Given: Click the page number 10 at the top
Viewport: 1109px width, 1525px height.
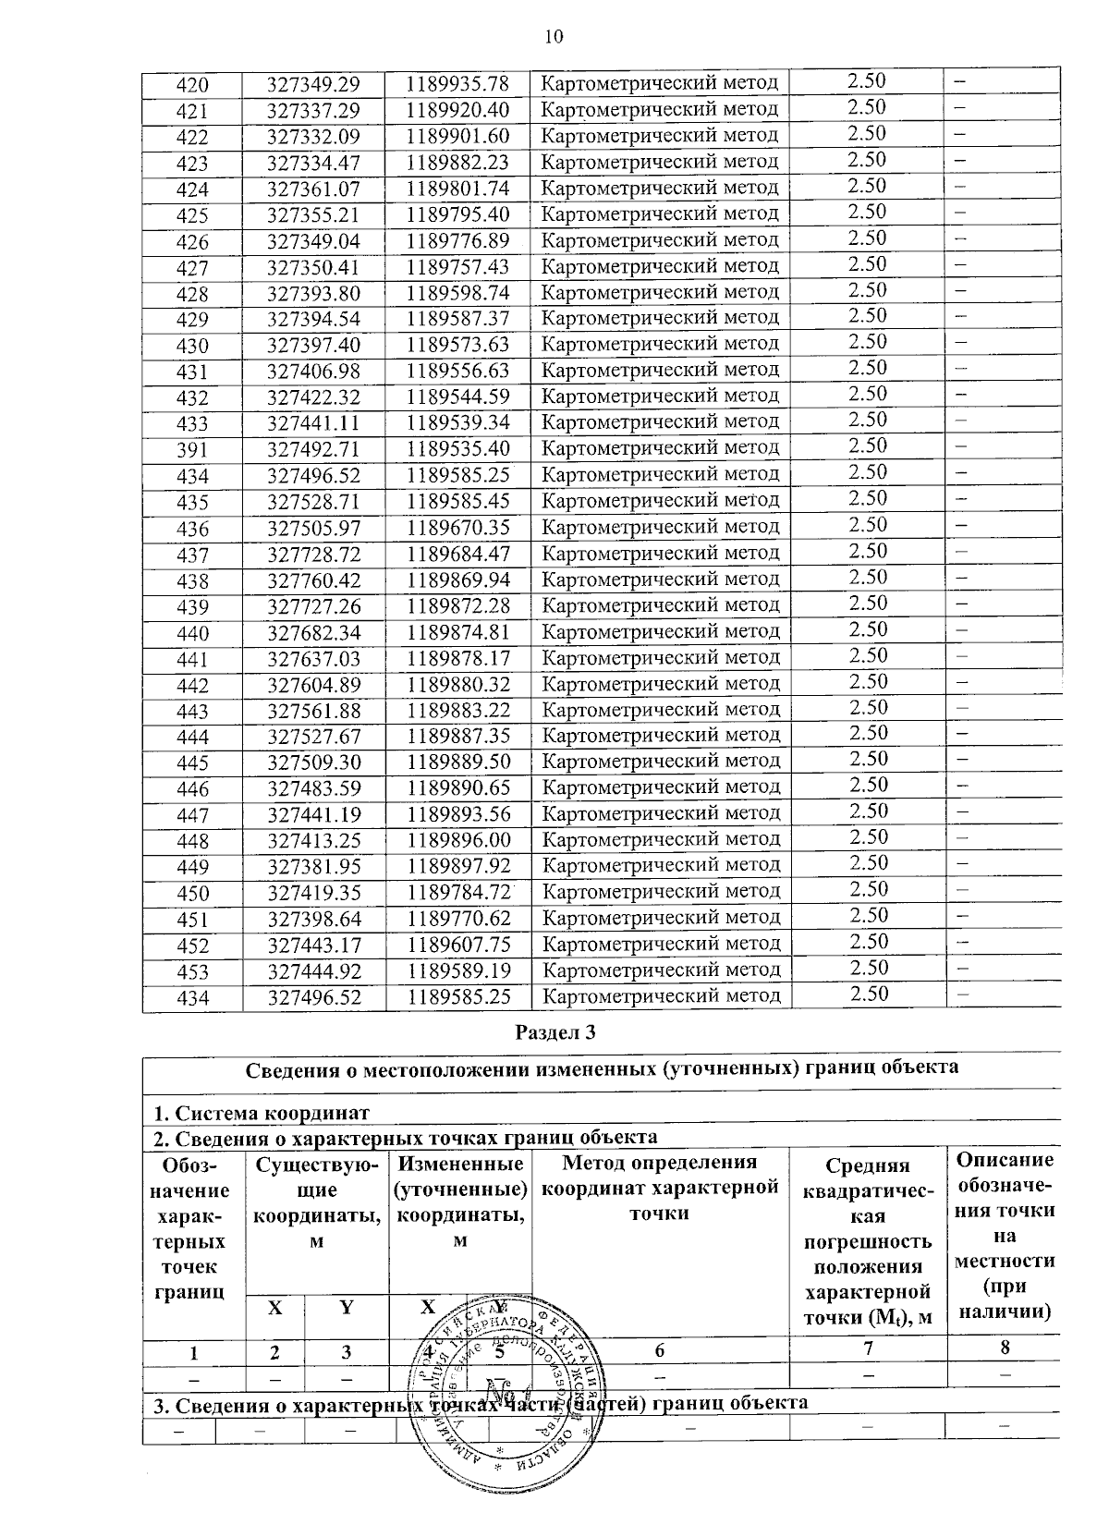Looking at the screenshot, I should (553, 37).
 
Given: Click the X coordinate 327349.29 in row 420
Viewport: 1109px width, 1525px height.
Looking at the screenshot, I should (312, 85).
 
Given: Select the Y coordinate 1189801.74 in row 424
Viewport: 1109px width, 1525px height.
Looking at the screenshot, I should (458, 189).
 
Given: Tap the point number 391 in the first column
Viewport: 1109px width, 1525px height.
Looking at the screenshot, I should (192, 451).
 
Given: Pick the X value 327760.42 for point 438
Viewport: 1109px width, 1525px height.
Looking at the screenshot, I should (313, 581).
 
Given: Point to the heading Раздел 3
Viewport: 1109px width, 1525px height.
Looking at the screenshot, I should (554, 1032).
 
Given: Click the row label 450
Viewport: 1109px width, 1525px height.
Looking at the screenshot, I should (192, 894).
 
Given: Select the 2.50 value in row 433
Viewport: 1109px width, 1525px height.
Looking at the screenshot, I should (867, 420).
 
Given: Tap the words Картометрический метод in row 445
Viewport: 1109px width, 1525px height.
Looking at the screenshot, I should (661, 762).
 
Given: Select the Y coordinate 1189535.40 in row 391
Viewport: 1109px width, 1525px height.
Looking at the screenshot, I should (458, 449).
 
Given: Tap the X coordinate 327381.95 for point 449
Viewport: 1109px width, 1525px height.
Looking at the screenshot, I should (313, 868).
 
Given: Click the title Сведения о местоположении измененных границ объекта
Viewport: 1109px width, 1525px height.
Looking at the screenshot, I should (602, 1068).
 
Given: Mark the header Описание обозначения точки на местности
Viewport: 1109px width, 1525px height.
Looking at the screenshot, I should (1005, 1235).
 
